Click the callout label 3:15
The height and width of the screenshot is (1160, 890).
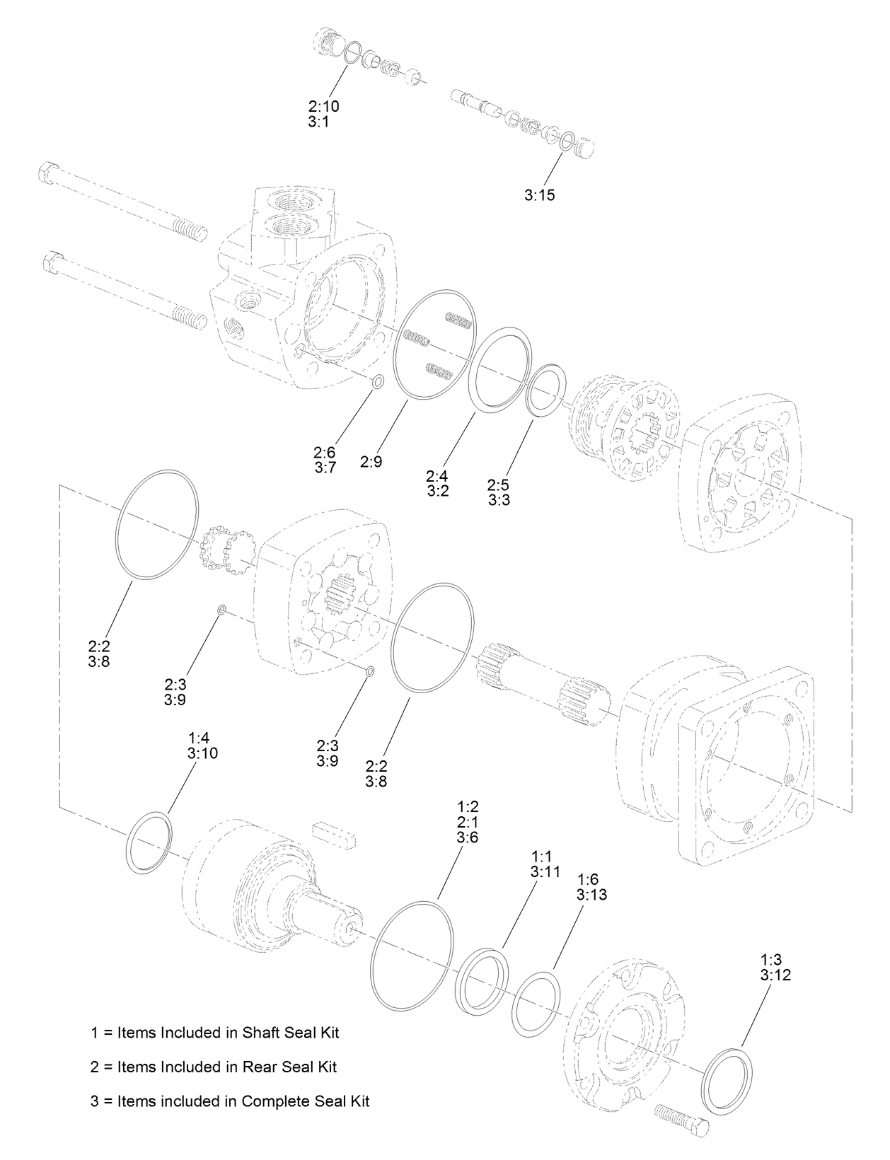pyautogui.click(x=540, y=195)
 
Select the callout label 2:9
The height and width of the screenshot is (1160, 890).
pyautogui.click(x=371, y=462)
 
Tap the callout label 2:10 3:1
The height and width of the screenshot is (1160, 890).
pyautogui.click(x=323, y=114)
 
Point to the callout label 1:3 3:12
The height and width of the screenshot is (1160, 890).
pyautogui.click(x=775, y=967)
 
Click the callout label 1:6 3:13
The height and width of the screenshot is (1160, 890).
pyautogui.click(x=592, y=886)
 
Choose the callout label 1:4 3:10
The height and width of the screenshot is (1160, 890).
pyautogui.click(x=203, y=746)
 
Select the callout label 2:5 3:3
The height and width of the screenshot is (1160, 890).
pyautogui.click(x=499, y=492)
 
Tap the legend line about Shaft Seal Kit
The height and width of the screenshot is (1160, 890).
pyautogui.click(x=215, y=1032)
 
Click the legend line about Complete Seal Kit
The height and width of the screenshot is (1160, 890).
pyautogui.click(x=230, y=1101)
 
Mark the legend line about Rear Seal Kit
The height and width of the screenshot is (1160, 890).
pyautogui.click(x=214, y=1066)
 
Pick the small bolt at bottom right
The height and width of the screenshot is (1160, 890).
pyautogui.click(x=683, y=1119)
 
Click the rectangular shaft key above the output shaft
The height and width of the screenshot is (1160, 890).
pyautogui.click(x=334, y=834)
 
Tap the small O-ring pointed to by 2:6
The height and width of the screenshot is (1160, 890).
pyautogui.click(x=378, y=383)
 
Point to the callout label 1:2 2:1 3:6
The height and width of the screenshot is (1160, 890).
pyautogui.click(x=468, y=822)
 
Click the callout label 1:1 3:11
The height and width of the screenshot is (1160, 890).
pyautogui.click(x=545, y=864)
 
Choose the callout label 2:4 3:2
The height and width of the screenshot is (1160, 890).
pyautogui.click(x=438, y=484)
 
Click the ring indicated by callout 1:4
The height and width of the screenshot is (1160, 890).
pyautogui.click(x=148, y=844)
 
